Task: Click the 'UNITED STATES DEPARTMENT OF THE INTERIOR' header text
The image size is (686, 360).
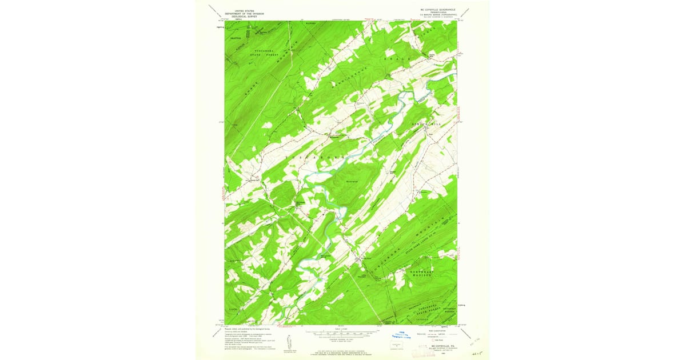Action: click(240, 13)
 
